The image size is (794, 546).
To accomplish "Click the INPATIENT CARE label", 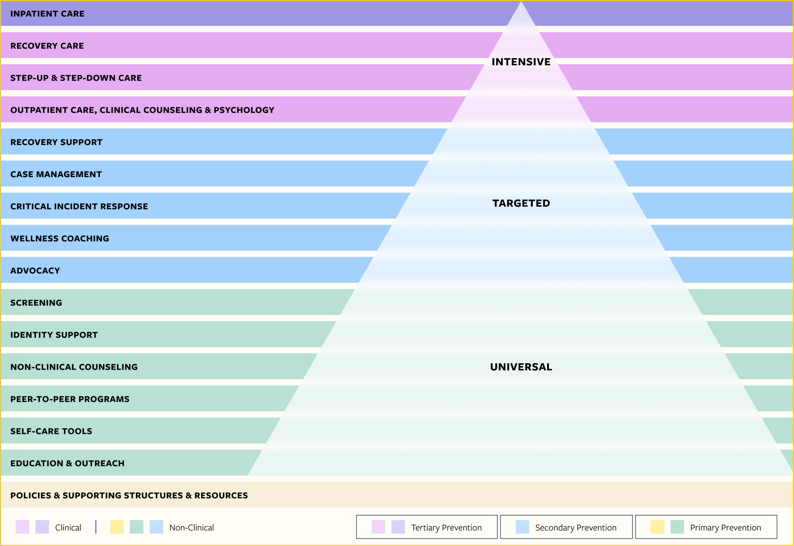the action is tap(47, 14).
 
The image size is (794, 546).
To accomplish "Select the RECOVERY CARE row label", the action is tap(47, 46).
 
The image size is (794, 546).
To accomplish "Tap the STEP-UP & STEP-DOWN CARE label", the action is tap(76, 78).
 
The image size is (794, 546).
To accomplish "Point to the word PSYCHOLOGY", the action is tap(244, 110).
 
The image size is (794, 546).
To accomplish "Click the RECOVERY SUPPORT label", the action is tap(56, 142).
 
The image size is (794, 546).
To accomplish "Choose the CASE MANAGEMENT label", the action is tap(56, 174).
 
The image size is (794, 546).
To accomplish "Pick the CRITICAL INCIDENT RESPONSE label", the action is tap(79, 207).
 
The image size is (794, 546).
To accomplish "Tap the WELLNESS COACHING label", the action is tap(60, 238).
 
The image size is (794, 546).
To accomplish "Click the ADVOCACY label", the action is tap(35, 271).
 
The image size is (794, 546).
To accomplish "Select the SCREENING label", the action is tap(36, 303).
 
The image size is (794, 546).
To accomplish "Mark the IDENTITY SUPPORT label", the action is tap(54, 335).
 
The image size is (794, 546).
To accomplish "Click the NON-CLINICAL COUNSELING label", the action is tap(74, 367).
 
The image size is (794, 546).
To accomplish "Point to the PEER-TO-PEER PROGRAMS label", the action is tap(70, 399).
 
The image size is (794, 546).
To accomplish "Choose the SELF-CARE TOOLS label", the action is tap(51, 431).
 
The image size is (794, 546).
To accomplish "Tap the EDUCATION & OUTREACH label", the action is tap(67, 463).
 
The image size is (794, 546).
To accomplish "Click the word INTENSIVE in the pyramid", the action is tap(521, 62).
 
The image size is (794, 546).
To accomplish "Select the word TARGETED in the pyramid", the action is tap(521, 203).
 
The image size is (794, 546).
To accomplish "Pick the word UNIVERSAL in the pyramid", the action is tap(521, 367).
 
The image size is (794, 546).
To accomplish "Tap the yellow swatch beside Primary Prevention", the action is tap(658, 527).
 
